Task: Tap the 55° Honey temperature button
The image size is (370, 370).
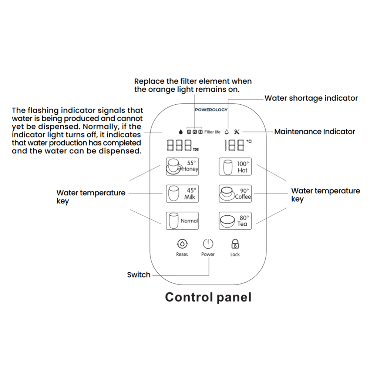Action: click(182, 166)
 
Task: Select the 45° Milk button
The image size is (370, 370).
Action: click(182, 194)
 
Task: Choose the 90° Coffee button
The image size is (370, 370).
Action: click(235, 194)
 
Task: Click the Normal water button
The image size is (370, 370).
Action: click(182, 221)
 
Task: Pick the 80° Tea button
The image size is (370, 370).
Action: click(235, 221)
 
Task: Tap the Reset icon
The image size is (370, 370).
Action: click(182, 244)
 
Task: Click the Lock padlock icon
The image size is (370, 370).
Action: click(235, 243)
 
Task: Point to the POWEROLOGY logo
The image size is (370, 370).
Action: click(211, 110)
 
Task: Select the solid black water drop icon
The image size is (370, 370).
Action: click(181, 132)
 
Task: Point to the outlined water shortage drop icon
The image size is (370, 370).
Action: click(227, 132)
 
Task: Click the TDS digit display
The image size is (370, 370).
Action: click(180, 145)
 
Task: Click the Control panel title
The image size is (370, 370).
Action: click(208, 297)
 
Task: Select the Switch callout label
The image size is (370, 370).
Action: click(138, 275)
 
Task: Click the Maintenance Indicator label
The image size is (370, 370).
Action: click(314, 132)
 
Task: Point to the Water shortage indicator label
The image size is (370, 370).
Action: click(311, 98)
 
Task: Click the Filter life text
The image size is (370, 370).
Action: click(212, 132)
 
